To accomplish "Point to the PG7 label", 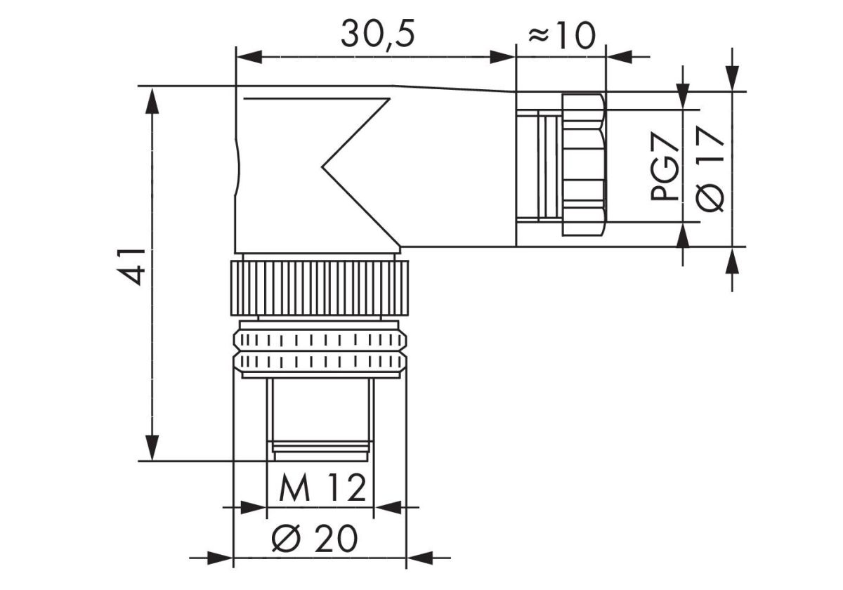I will click(x=664, y=169).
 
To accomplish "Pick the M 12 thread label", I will click(x=322, y=488).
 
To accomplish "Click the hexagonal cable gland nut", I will click(x=583, y=165).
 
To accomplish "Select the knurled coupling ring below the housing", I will click(x=320, y=288).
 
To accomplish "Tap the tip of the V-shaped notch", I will click(x=322, y=168).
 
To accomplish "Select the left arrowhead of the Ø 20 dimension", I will click(x=221, y=559).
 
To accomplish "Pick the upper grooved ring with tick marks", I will click(x=320, y=341).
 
